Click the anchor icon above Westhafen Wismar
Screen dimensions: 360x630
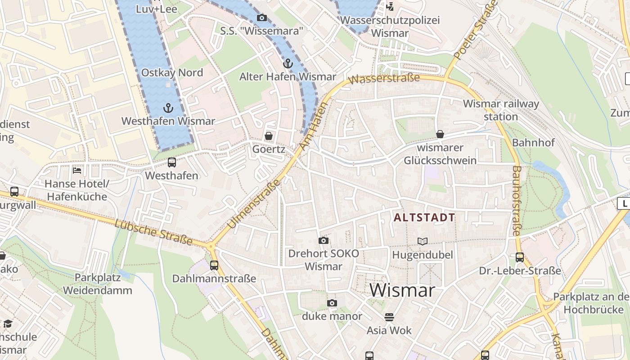(168, 108)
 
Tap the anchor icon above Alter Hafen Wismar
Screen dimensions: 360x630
(288, 63)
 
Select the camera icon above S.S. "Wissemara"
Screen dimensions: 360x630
(261, 18)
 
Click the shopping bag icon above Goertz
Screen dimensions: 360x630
(269, 135)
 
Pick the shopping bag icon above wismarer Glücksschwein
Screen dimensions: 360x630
(440, 134)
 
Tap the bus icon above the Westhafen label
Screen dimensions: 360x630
(171, 162)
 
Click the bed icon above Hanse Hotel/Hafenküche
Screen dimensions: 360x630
(77, 171)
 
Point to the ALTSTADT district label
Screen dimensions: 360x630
(424, 218)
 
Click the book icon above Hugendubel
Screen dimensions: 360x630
(422, 242)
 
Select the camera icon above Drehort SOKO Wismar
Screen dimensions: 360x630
(323, 241)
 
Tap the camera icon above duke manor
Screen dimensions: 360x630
(332, 303)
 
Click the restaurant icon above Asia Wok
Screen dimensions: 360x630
(389, 317)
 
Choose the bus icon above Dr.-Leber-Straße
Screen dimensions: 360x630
(520, 257)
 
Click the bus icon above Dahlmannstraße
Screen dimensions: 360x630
(214, 265)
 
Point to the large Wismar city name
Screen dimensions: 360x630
(402, 291)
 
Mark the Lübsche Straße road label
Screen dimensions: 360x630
(153, 233)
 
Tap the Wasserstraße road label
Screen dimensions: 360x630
(384, 79)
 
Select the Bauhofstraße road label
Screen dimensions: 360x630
(517, 201)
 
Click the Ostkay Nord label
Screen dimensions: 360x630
(172, 73)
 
